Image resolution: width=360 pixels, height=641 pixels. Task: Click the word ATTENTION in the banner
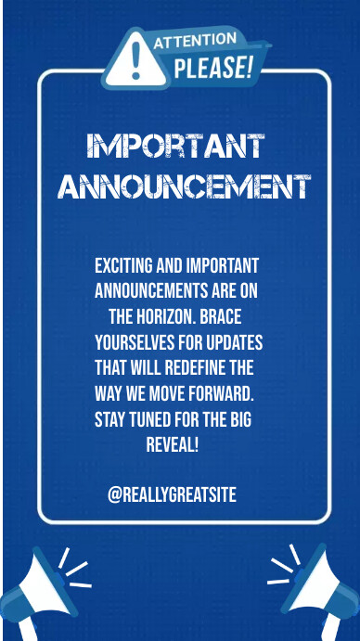tap(194, 41)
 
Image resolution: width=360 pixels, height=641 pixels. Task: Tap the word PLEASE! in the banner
tap(213, 67)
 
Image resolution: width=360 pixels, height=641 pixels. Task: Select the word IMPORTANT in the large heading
tap(175, 146)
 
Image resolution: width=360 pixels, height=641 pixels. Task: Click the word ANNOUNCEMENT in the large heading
tap(184, 186)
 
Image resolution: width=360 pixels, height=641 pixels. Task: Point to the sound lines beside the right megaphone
tap(282, 567)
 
